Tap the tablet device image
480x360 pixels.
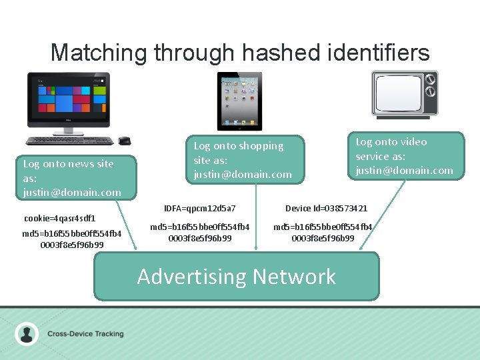[x=239, y=101]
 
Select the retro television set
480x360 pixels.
[x=405, y=94]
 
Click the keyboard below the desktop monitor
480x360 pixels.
[x=69, y=141]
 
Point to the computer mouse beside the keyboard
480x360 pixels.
[x=124, y=141]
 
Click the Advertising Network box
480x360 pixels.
[x=236, y=276]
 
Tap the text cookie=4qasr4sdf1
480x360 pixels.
[x=60, y=218]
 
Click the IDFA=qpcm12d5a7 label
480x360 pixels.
[x=200, y=209]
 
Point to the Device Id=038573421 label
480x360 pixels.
[x=326, y=209]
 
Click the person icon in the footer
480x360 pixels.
[x=27, y=333]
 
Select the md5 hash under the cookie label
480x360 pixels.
[x=72, y=239]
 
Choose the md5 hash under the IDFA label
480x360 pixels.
[x=200, y=232]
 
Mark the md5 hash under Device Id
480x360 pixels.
[x=323, y=232]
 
